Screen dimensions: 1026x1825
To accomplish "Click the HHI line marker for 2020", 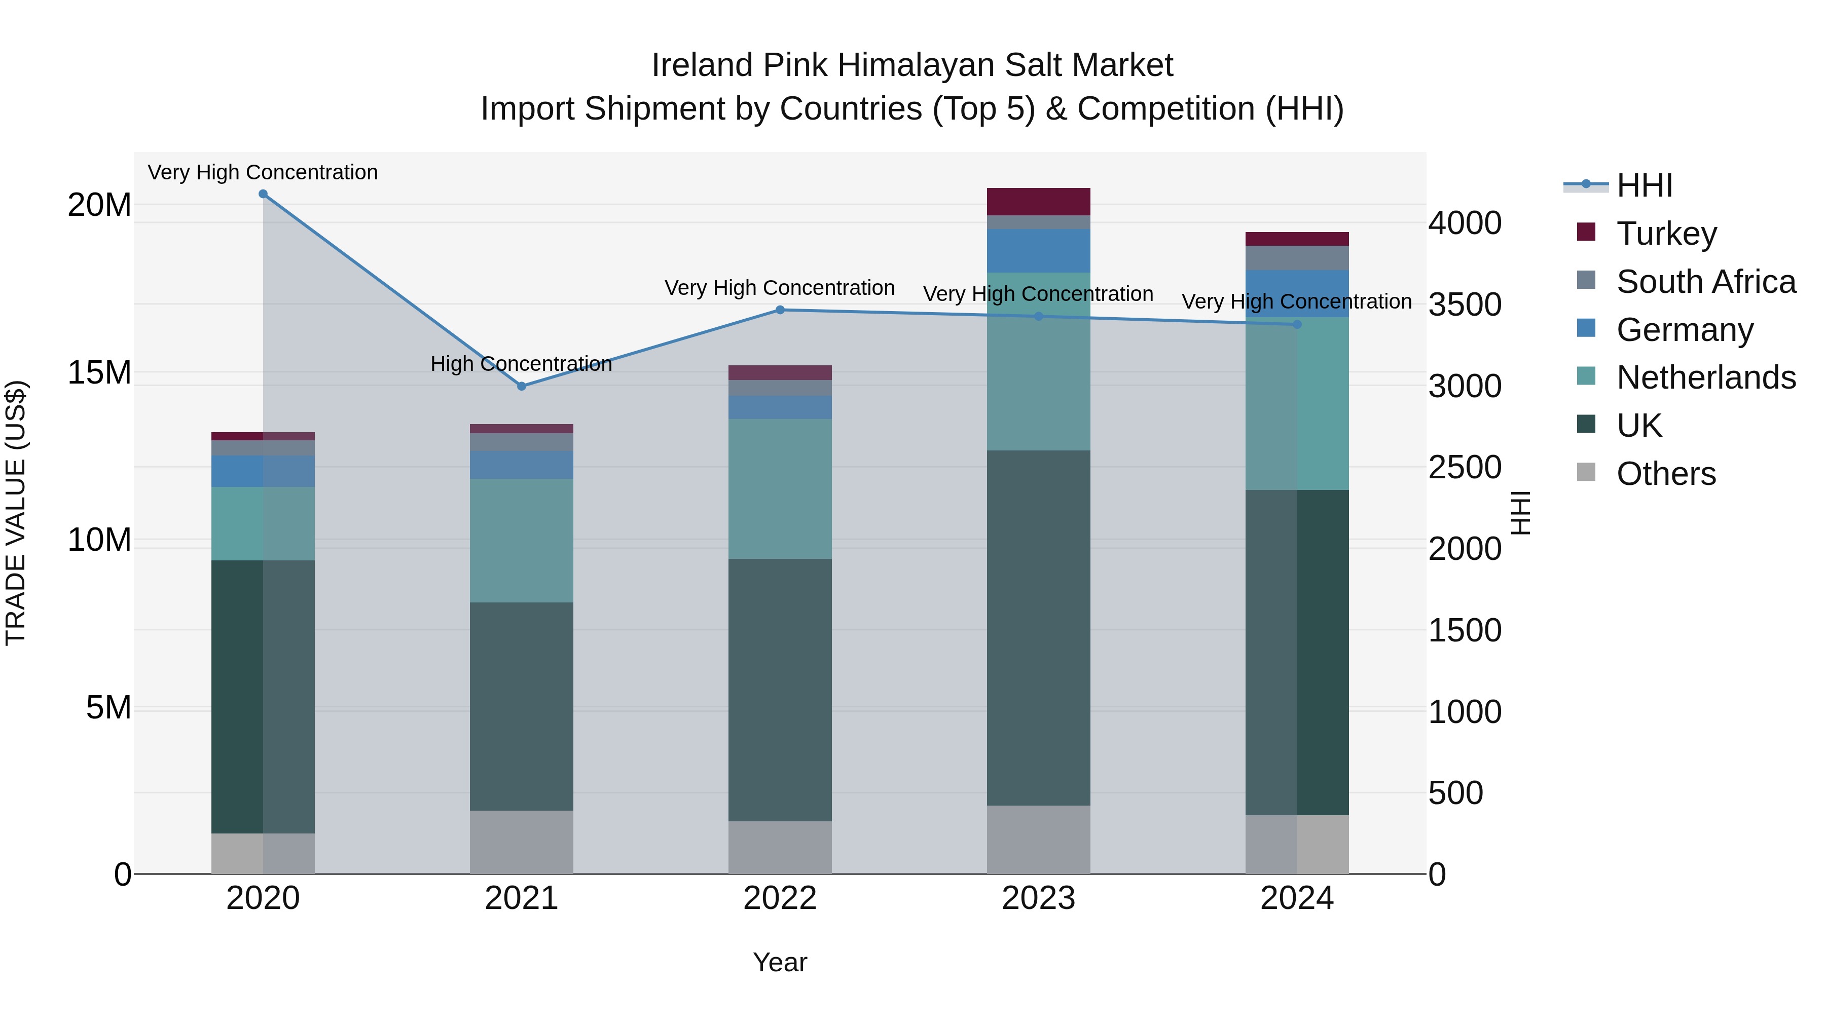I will [263, 194].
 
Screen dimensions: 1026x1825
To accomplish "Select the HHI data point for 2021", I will [522, 387].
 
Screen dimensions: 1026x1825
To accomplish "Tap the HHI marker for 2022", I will [780, 310].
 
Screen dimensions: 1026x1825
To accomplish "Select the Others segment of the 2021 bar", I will [522, 842].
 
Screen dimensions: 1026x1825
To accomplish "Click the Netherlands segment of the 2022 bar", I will [780, 488].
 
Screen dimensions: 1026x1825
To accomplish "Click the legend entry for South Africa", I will [1706, 282].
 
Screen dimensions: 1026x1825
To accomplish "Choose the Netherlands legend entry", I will [1706, 377].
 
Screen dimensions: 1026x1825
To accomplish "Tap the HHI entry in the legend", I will [1644, 185].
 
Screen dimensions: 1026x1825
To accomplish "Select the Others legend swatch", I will [1586, 472].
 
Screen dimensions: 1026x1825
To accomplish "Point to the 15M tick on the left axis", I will [99, 373].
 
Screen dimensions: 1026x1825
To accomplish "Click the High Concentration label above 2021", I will [522, 364].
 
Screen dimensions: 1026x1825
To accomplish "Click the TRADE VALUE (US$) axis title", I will [16, 513].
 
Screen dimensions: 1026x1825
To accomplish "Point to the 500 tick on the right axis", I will [1455, 793].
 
